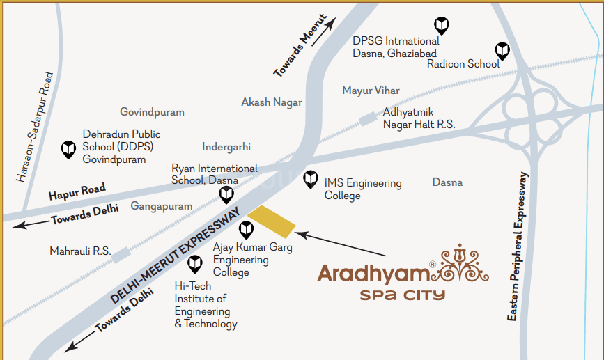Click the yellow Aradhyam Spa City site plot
(x=272, y=222)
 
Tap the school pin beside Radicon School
(x=502, y=50)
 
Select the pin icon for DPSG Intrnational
(x=440, y=26)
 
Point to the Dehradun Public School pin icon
(x=68, y=149)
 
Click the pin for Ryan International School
(x=226, y=194)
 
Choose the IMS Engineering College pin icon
(x=311, y=180)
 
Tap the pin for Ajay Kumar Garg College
(x=246, y=229)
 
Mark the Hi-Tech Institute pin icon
(x=195, y=263)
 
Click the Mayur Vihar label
(x=371, y=91)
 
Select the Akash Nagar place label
(x=272, y=102)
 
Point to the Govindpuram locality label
(x=152, y=112)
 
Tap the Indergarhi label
(x=226, y=147)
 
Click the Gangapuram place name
(x=161, y=206)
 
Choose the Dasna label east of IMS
(x=447, y=182)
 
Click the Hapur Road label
(x=77, y=191)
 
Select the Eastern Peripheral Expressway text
(x=520, y=246)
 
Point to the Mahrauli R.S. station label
(x=80, y=251)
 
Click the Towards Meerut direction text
(x=300, y=45)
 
